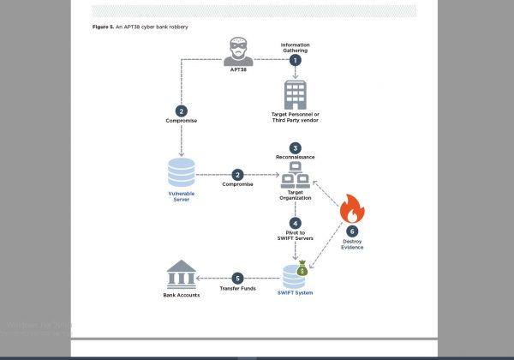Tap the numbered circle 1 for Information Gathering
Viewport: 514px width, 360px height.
(x=295, y=60)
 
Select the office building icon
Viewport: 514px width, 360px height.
(x=295, y=94)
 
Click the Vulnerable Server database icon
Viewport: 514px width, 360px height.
(x=181, y=171)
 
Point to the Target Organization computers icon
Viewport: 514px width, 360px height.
(x=295, y=177)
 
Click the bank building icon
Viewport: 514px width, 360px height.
(x=181, y=275)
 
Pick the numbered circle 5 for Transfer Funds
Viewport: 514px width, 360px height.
(x=237, y=278)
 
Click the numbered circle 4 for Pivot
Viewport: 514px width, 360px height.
(x=295, y=223)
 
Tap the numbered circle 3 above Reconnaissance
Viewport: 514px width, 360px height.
(x=295, y=147)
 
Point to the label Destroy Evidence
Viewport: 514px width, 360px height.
(x=353, y=245)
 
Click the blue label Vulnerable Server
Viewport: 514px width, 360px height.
(x=181, y=196)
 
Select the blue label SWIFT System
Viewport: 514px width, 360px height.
(x=296, y=294)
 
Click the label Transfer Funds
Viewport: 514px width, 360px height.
(x=237, y=289)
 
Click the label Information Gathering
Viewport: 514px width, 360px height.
(x=295, y=46)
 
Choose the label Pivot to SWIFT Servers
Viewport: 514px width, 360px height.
(x=295, y=237)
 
